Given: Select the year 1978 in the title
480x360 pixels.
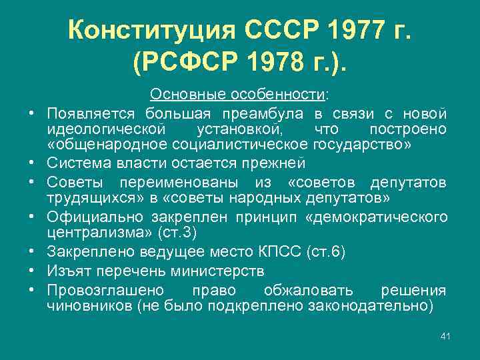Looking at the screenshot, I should click(267, 65).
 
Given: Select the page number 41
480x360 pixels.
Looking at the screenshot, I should click(445, 336).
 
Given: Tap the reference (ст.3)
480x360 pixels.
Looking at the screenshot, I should click(176, 234).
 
